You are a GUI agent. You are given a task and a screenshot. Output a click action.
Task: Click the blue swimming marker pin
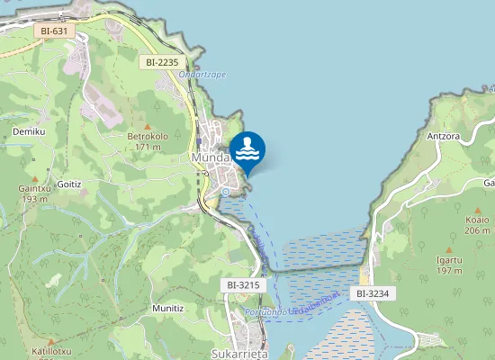(247, 151)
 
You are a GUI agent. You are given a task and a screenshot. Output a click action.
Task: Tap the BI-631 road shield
(54, 31)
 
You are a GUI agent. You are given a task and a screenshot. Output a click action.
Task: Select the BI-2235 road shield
(162, 62)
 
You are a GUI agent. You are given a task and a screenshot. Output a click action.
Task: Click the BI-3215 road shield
(244, 285)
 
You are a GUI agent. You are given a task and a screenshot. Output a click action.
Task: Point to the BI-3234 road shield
(372, 293)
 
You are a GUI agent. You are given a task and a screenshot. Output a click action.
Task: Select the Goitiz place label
(69, 184)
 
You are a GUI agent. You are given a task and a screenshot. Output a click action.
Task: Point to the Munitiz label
(168, 308)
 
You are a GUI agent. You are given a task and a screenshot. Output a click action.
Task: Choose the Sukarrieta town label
(234, 355)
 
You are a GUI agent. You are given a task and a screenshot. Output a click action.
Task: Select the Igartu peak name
(449, 259)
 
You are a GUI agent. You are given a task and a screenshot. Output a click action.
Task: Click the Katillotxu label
(51, 351)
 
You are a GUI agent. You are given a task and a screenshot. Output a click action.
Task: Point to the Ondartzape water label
(202, 74)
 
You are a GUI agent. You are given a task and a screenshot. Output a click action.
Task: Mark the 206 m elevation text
(476, 230)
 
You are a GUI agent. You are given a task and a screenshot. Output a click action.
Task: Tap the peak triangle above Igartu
(449, 248)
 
